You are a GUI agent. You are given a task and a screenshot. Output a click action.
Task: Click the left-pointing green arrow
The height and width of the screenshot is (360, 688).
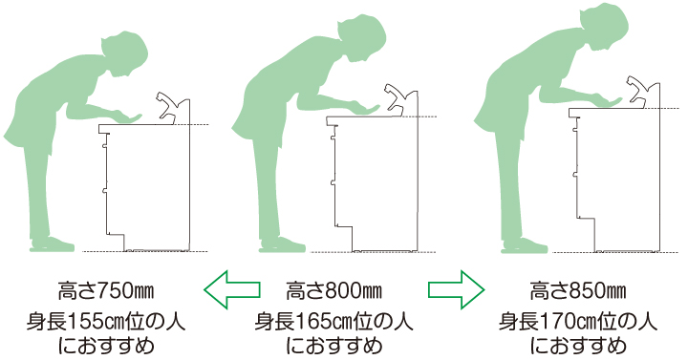231,289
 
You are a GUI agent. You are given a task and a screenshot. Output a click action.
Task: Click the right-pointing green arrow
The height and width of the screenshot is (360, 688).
457,289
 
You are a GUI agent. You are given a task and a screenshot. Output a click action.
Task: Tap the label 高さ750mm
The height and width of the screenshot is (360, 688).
106,290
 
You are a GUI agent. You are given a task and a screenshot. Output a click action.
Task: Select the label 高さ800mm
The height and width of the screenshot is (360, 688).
333,290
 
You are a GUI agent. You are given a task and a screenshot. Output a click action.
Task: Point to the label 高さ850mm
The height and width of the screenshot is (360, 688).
578,290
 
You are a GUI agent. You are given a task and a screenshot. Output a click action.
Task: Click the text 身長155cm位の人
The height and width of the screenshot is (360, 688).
106,322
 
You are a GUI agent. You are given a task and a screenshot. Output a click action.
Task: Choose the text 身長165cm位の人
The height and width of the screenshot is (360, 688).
333,322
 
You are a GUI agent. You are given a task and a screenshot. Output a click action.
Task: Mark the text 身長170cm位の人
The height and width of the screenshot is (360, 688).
578,322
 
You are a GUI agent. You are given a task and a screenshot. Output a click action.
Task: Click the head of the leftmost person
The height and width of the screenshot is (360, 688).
126,53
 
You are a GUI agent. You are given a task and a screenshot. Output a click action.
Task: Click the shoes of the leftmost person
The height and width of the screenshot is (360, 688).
52,244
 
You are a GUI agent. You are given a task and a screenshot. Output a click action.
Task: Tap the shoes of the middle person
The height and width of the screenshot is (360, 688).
282,244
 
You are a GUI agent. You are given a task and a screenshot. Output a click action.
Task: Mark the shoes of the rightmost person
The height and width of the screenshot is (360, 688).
525,245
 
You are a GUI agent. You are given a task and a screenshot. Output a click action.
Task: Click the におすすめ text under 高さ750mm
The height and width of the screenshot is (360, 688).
106,346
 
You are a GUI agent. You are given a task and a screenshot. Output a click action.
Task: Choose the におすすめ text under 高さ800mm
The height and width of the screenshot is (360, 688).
333,346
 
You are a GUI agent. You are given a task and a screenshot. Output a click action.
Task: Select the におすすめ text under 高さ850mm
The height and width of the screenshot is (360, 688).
578,346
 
